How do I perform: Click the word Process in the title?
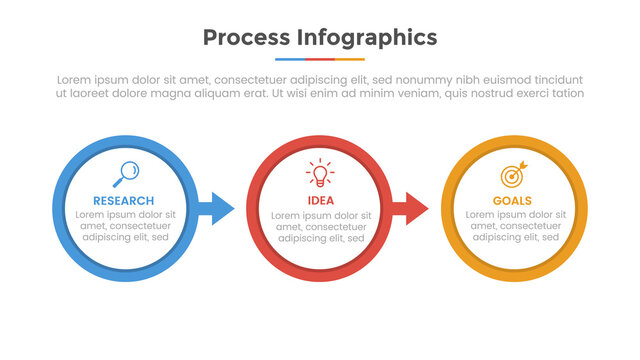click(245, 38)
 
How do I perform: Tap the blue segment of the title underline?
click(290, 59)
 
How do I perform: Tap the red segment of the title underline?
click(319, 59)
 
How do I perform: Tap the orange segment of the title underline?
click(349, 59)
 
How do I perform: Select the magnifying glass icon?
click(127, 174)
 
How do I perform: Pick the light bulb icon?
click(320, 174)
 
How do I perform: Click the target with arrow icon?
click(512, 175)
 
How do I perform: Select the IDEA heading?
click(320, 201)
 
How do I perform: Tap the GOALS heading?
click(512, 201)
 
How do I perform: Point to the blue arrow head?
click(222, 208)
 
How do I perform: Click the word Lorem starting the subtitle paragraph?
click(76, 80)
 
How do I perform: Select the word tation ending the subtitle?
click(566, 93)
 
